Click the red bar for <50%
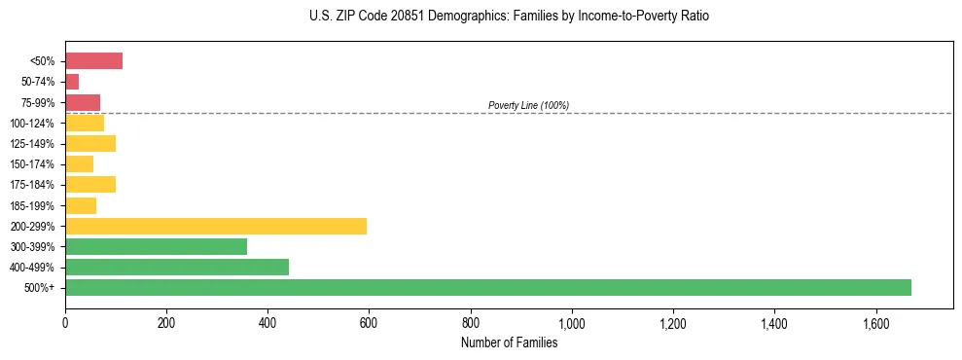coord(93,61)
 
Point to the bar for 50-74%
coord(72,82)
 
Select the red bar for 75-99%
coord(83,102)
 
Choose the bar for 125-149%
coord(90,143)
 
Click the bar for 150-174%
coord(79,163)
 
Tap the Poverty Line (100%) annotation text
coord(528,105)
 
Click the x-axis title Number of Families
coord(509,342)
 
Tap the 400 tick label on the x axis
coord(267,322)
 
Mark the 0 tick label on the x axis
coord(65,322)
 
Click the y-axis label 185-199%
coord(32,205)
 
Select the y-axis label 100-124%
coord(32,124)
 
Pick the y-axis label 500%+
coord(41,288)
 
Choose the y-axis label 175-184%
coord(32,185)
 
